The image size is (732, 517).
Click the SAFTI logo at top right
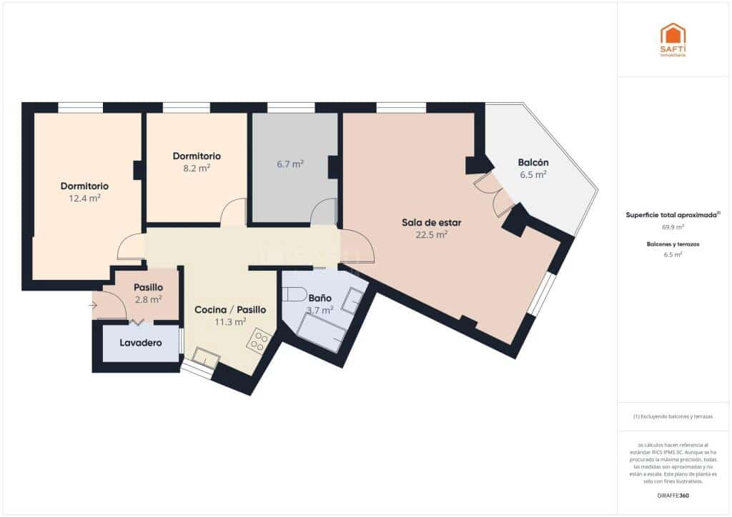coord(673,39)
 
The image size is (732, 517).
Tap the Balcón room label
coord(533,162)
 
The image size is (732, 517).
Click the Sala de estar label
coord(431,222)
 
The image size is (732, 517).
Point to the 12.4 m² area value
coord(84,198)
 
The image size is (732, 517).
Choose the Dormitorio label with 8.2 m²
coord(197,156)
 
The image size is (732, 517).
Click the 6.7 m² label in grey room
coord(290,164)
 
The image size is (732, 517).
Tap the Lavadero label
coord(140,343)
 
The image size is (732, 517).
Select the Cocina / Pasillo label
coord(230,310)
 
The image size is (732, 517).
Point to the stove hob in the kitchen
coord(258,341)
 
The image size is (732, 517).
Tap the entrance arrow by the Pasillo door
coord(93,306)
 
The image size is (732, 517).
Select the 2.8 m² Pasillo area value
coord(148,299)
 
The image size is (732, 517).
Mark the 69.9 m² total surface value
coord(673,226)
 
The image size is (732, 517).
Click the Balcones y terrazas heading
coord(673,244)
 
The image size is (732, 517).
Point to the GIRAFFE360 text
coord(673,495)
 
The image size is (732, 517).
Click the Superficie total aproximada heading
coord(673,214)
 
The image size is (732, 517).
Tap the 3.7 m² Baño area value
coord(320,310)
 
